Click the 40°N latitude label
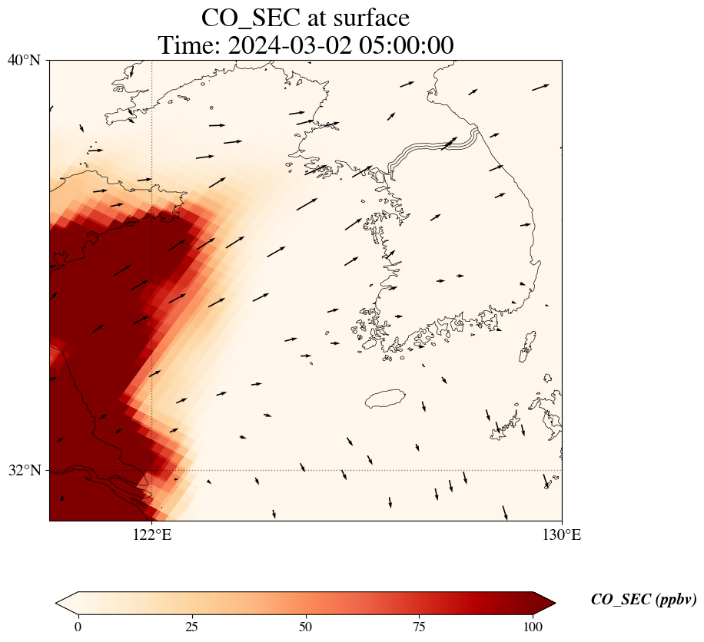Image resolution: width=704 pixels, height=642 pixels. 24,60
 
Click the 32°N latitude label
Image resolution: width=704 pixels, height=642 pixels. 24,470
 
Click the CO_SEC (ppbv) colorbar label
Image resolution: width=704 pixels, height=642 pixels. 643,600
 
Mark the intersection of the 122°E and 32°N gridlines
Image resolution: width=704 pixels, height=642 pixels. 152,470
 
